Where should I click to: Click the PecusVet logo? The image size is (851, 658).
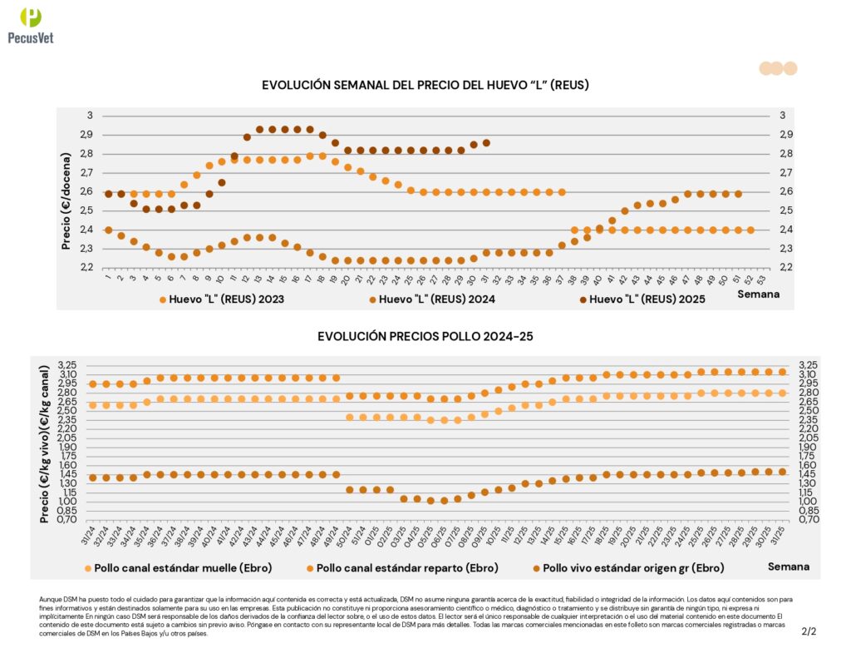30,25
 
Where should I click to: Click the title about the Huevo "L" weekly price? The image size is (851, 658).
425,85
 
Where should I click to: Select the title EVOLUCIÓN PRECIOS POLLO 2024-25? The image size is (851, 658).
425,336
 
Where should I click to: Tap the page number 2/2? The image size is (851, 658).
809,631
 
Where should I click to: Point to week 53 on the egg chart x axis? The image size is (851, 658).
764,277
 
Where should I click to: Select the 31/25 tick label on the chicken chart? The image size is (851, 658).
780,532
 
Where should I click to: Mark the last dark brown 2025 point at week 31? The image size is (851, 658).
486,143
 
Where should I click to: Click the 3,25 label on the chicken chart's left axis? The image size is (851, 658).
68,365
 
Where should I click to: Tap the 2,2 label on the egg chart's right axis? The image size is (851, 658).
786,267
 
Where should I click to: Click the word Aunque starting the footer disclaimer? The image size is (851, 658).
50,599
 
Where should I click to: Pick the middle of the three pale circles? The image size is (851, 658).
776,68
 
